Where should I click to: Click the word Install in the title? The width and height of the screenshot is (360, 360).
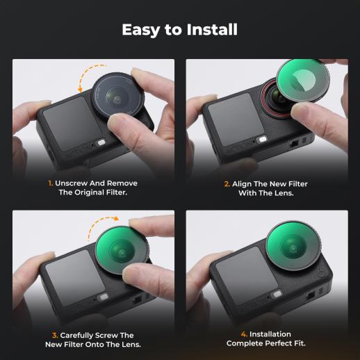point(212,29)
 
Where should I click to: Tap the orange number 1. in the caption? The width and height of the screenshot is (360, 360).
point(50,183)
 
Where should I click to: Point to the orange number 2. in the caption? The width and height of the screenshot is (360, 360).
point(227,184)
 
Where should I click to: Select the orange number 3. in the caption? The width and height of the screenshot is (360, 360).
point(55,336)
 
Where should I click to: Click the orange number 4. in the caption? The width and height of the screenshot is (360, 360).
point(244,334)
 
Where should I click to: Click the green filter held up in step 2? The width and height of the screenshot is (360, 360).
point(300,81)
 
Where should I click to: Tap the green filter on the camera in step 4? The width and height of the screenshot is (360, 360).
point(293,245)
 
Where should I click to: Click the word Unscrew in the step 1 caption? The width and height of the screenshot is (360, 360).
point(72,183)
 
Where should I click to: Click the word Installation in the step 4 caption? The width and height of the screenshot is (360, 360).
point(270,334)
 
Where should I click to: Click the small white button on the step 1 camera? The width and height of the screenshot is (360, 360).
point(101,142)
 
